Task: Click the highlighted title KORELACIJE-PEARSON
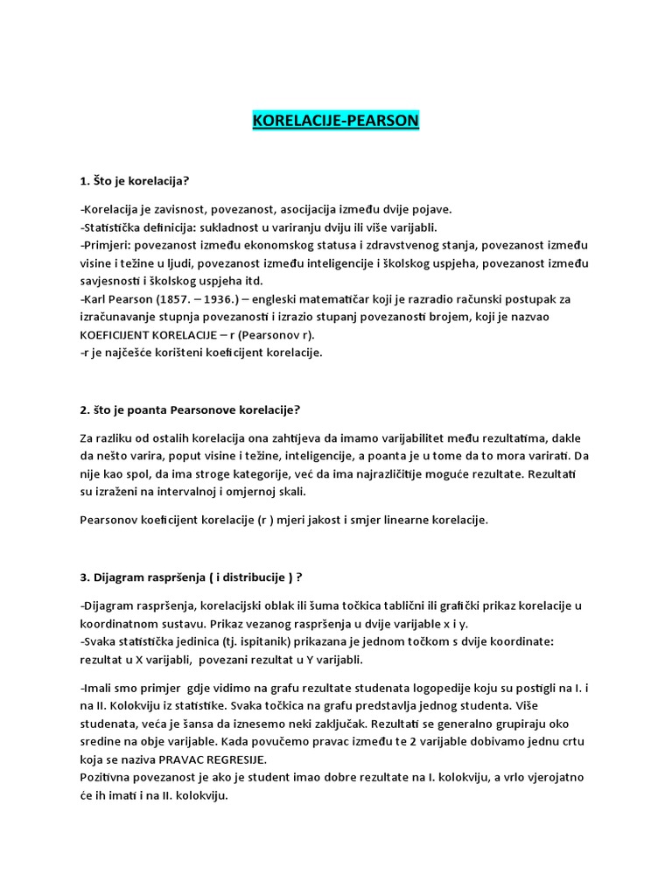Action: pos(335,121)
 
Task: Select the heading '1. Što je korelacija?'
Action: pos(134,181)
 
